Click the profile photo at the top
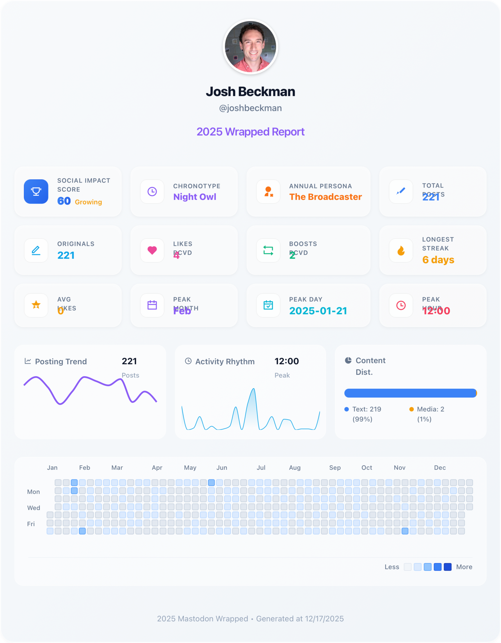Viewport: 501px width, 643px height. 250,47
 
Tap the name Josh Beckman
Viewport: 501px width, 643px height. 250,92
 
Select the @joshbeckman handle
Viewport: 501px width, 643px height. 250,108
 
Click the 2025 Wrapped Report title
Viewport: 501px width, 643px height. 250,132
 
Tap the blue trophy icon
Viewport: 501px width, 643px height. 36,192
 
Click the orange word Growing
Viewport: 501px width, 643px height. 88,202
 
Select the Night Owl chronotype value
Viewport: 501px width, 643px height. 195,197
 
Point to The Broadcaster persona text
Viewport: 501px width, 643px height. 325,197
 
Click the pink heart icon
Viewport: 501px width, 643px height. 152,250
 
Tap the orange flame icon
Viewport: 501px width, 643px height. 401,250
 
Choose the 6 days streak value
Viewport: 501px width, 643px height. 438,260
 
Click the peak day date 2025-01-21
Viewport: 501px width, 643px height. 318,311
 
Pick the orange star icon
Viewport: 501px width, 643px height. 36,305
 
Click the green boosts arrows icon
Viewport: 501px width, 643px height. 268,250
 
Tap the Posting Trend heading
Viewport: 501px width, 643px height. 61,362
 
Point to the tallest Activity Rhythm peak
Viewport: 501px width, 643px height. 254,389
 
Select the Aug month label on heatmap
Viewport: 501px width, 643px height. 295,468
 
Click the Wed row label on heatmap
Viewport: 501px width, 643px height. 33,508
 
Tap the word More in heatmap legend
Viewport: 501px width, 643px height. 464,567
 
